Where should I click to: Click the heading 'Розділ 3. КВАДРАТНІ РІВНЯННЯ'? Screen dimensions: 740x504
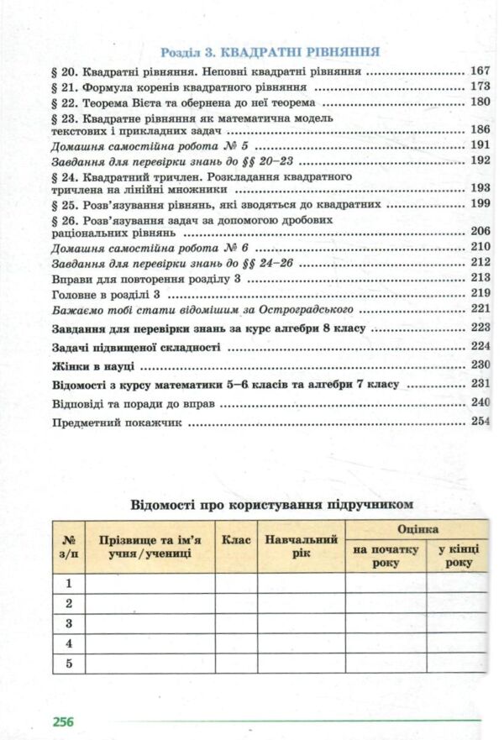(270, 51)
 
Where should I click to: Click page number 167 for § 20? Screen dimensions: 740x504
(480, 72)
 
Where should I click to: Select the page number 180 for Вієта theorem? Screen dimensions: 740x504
(480, 102)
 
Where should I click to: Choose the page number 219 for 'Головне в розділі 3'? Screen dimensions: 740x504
(480, 294)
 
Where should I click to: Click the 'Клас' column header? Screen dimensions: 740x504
(236, 540)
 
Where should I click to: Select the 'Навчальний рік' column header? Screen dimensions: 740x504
(301, 547)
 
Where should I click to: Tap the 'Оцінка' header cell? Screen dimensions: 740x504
(417, 531)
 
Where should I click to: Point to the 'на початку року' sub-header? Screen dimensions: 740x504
(386, 556)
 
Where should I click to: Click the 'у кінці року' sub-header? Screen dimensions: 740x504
(459, 556)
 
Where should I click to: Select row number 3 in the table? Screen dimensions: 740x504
(69, 623)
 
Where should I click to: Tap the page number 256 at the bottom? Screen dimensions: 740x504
(64, 722)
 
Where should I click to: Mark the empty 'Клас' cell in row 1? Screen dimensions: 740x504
(236, 583)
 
